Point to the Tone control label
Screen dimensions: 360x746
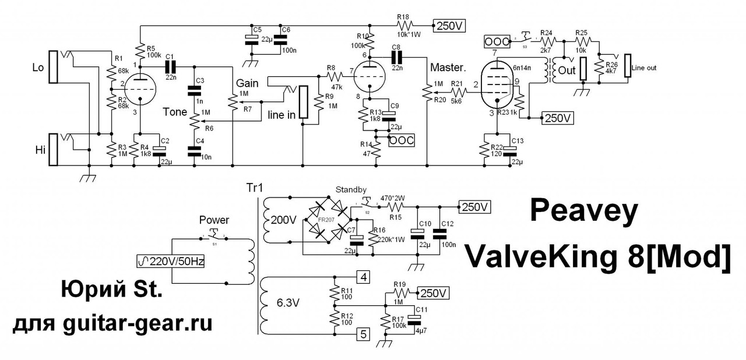point(175,112)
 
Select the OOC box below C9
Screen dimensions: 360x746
point(402,140)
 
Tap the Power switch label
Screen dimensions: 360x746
point(215,220)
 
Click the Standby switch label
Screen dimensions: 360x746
point(351,190)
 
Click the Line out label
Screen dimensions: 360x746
point(643,68)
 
